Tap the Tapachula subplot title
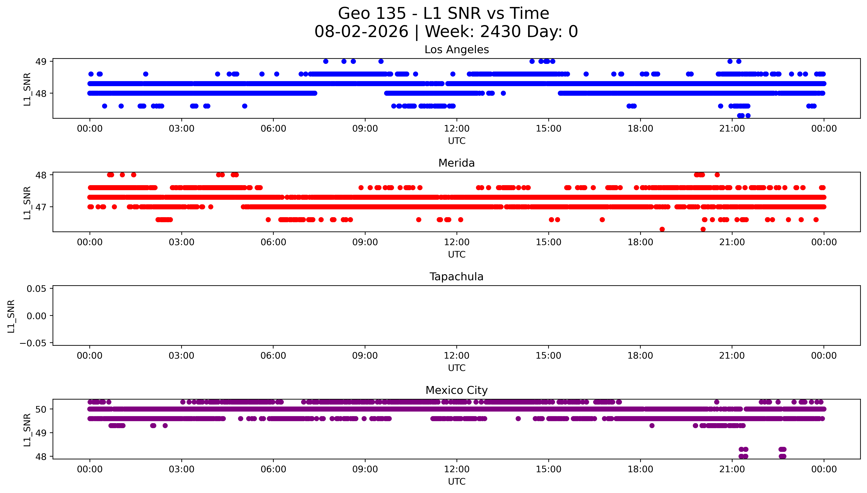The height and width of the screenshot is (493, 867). pos(456,277)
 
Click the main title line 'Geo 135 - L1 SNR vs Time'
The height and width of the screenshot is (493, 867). pos(444,13)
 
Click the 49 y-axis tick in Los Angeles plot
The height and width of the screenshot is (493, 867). pos(41,62)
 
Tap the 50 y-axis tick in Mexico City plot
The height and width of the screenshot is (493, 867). pos(41,409)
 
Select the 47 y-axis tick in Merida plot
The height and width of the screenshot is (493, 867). pos(41,207)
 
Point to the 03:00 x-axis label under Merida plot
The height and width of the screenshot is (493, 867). pos(181,242)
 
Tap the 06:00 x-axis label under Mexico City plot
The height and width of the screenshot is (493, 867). pos(273,469)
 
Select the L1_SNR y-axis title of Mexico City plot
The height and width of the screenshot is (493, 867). pos(27,430)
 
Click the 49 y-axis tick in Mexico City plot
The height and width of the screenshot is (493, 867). pos(41,433)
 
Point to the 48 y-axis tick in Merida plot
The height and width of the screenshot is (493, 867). pos(41,175)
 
